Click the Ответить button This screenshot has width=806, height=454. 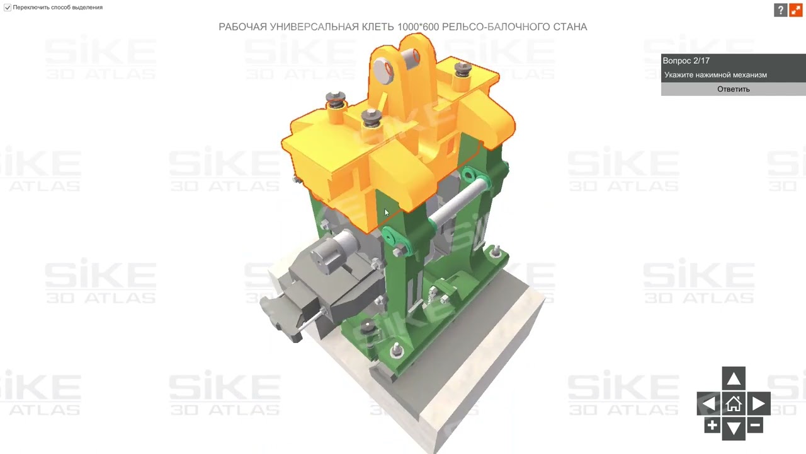click(x=734, y=89)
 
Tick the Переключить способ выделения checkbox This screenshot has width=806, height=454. click(x=8, y=8)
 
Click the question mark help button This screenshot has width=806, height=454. click(x=780, y=11)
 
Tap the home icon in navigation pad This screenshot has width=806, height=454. click(x=734, y=404)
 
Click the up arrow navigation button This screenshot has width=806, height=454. click(x=734, y=379)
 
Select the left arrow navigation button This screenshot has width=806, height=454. click(x=708, y=404)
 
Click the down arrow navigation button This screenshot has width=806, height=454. click(x=734, y=428)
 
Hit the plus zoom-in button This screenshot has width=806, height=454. click(x=712, y=426)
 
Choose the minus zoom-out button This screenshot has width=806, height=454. click(x=755, y=426)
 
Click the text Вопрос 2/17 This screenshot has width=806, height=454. click(x=686, y=61)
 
